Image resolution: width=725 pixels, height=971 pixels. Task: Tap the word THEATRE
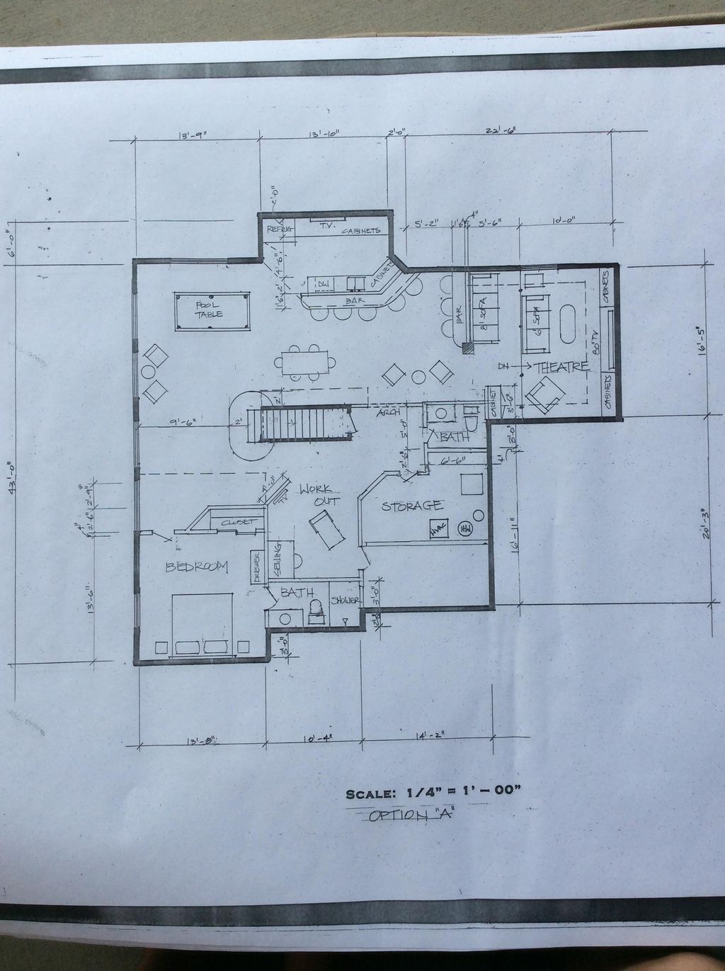coord(563,367)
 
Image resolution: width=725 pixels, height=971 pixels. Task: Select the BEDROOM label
coord(197,566)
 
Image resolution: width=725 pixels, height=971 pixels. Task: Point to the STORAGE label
coord(413,506)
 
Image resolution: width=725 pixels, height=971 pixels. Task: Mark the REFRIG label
coord(279,229)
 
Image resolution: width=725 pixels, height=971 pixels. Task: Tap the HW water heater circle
coord(466,528)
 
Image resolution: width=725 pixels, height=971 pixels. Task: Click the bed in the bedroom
coord(202,623)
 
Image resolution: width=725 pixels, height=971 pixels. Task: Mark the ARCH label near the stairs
coord(388,413)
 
